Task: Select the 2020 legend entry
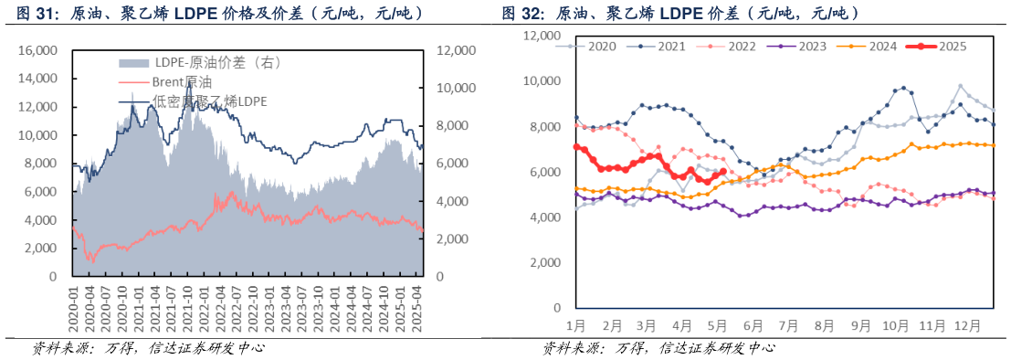tap(602, 45)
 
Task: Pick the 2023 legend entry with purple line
tap(807, 45)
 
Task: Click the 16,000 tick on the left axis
tap(37, 50)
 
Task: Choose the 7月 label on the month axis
tap(788, 324)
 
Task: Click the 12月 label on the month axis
tap(966, 324)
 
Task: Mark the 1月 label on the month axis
tap(576, 324)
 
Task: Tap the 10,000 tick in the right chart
tap(541, 81)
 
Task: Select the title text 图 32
tap(521, 14)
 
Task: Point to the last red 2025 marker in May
tap(723, 171)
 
